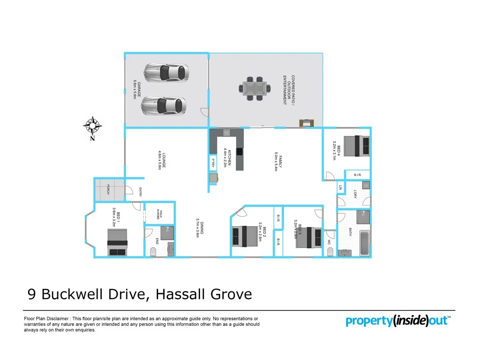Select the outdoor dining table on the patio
pyautogui.click(x=255, y=89)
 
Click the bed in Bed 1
pyautogui.click(x=119, y=242)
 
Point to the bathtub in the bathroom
pyautogui.click(x=365, y=243)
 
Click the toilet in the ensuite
pyautogui.click(x=154, y=252)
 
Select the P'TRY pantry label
pyautogui.click(x=213, y=162)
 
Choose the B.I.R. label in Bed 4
pyautogui.click(x=357, y=175)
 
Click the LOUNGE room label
pyautogui.click(x=161, y=161)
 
